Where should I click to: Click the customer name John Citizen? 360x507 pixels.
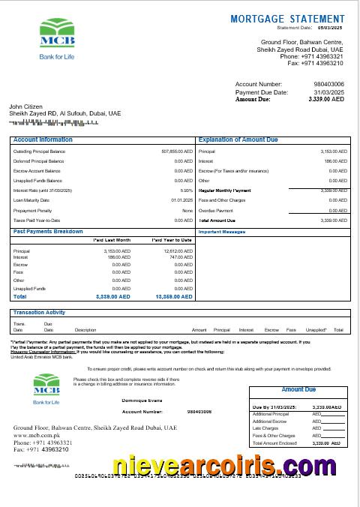click(26, 106)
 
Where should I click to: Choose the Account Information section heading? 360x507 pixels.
click(43, 140)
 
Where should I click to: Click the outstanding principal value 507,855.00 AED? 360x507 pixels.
click(177, 151)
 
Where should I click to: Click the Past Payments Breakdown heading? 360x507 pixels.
click(48, 232)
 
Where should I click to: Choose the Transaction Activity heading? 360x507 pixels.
click(39, 313)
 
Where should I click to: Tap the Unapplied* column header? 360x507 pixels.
click(316, 330)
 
